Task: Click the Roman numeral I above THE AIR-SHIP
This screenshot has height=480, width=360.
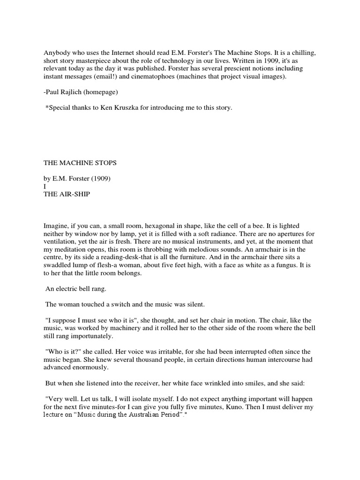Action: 45,187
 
